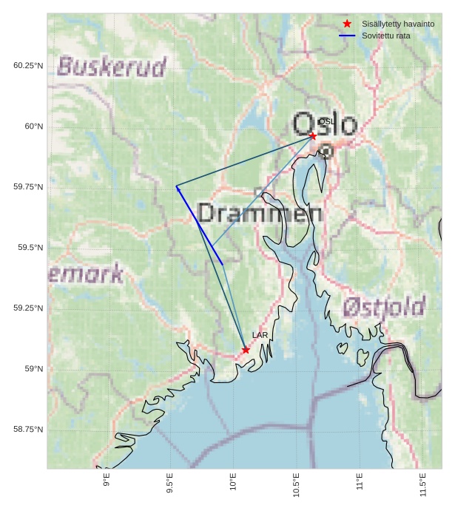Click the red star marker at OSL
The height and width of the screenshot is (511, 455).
point(313,136)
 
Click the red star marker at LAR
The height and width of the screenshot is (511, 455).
point(246,350)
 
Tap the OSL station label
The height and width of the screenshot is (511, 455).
point(326,122)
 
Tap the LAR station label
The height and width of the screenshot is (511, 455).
point(260,336)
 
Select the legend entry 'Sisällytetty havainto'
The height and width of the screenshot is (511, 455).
point(398,24)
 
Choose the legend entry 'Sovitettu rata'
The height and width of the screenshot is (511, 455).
point(385,35)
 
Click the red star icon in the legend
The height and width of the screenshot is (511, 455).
point(347,24)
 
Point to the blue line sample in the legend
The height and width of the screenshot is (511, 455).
point(347,35)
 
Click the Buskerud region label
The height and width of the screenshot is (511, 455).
point(112,67)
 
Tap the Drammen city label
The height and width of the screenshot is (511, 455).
point(260,214)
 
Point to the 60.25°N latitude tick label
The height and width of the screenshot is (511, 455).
point(28,66)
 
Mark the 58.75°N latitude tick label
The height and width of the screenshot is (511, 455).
point(28,430)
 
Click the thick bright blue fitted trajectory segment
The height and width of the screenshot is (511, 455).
point(200,226)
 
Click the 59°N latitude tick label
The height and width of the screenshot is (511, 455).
point(33,369)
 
